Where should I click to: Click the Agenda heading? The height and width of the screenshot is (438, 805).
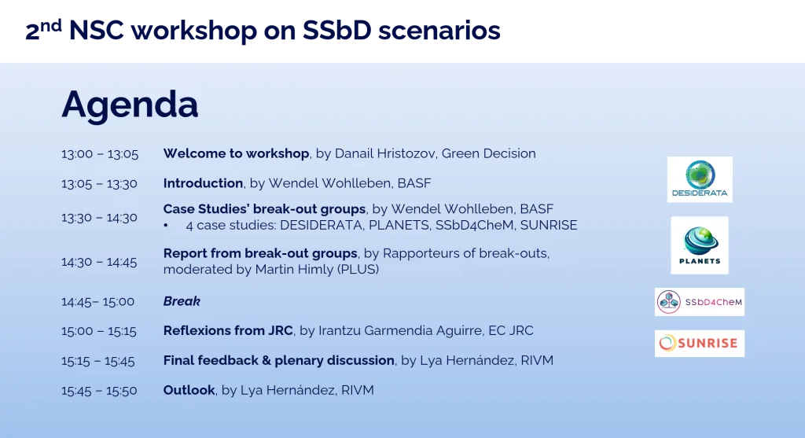(130, 105)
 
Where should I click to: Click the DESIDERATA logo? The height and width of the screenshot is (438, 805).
(700, 179)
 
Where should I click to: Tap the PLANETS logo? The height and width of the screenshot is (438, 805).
(699, 245)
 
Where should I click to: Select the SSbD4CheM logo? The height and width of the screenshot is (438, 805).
(699, 302)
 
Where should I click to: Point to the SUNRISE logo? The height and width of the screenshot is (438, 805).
(699, 343)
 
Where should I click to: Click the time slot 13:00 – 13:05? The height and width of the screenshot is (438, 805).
(100, 154)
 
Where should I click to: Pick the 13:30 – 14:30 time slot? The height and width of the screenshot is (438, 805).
(99, 217)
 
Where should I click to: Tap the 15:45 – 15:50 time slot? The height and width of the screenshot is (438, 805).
(99, 391)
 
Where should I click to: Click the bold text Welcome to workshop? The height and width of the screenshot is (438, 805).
(237, 153)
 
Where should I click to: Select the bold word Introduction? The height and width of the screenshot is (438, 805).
(203, 183)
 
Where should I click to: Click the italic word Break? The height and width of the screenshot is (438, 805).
(182, 301)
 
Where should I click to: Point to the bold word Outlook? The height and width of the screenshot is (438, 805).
(189, 390)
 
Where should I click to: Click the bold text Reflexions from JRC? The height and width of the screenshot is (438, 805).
(228, 330)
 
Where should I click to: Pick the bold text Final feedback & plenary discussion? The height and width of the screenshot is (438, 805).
(278, 360)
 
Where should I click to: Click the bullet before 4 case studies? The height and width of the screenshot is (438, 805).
(167, 226)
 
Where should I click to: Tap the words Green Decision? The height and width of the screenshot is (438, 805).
(488, 153)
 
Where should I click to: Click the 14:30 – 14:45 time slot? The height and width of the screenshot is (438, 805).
(99, 262)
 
